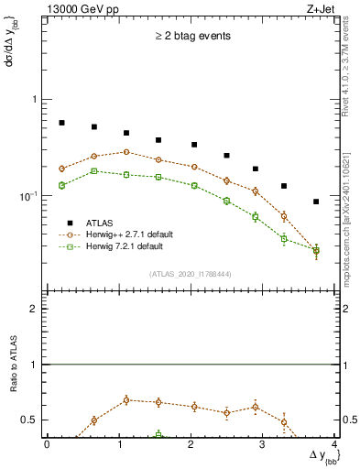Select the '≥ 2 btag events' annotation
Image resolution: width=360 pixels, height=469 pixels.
[192, 36]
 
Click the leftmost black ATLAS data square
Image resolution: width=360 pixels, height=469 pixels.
[61, 123]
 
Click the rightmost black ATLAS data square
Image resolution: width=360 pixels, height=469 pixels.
[316, 202]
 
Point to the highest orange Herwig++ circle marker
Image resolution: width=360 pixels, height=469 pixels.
[126, 152]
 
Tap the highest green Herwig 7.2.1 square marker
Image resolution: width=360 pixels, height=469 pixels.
[94, 171]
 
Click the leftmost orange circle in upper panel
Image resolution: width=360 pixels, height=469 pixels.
[61, 169]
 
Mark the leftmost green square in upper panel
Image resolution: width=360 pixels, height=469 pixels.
[61, 186]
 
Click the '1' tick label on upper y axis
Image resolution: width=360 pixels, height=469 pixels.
[35, 99]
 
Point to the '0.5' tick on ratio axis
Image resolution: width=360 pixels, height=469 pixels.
[29, 420]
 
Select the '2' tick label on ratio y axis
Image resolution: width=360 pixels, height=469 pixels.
[35, 310]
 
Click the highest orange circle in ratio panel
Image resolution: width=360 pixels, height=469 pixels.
[126, 399]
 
